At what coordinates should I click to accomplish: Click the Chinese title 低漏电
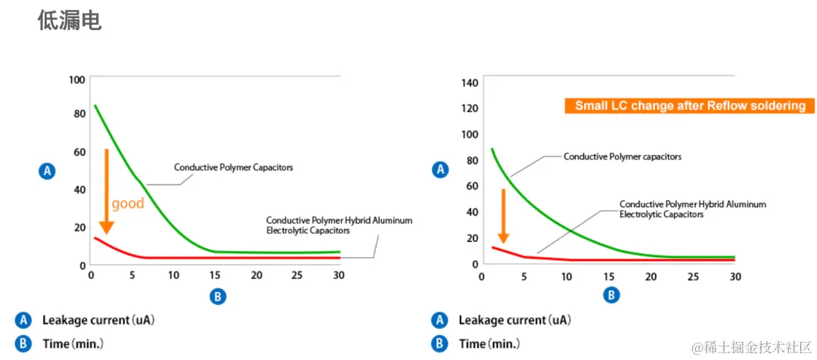click(69, 20)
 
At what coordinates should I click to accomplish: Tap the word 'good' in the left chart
click(127, 203)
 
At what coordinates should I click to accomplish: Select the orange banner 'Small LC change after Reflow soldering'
click(689, 106)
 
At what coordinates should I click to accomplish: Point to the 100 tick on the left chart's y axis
click(76, 80)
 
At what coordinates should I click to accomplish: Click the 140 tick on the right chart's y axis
click(470, 82)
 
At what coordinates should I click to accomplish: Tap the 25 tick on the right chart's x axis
click(691, 277)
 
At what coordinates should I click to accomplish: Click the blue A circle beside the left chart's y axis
click(47, 172)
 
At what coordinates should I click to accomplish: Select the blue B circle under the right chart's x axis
click(610, 295)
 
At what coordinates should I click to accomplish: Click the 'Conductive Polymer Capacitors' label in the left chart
click(233, 167)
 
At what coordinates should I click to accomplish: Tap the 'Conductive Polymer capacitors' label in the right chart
click(623, 157)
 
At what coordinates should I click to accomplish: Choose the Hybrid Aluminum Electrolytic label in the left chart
click(339, 225)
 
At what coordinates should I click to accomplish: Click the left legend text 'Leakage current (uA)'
click(98, 320)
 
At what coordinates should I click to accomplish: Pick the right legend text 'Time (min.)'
click(489, 344)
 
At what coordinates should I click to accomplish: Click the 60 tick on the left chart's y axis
click(79, 152)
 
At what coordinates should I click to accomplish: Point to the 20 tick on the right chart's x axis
click(650, 277)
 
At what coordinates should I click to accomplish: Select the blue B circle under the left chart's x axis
click(217, 296)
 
